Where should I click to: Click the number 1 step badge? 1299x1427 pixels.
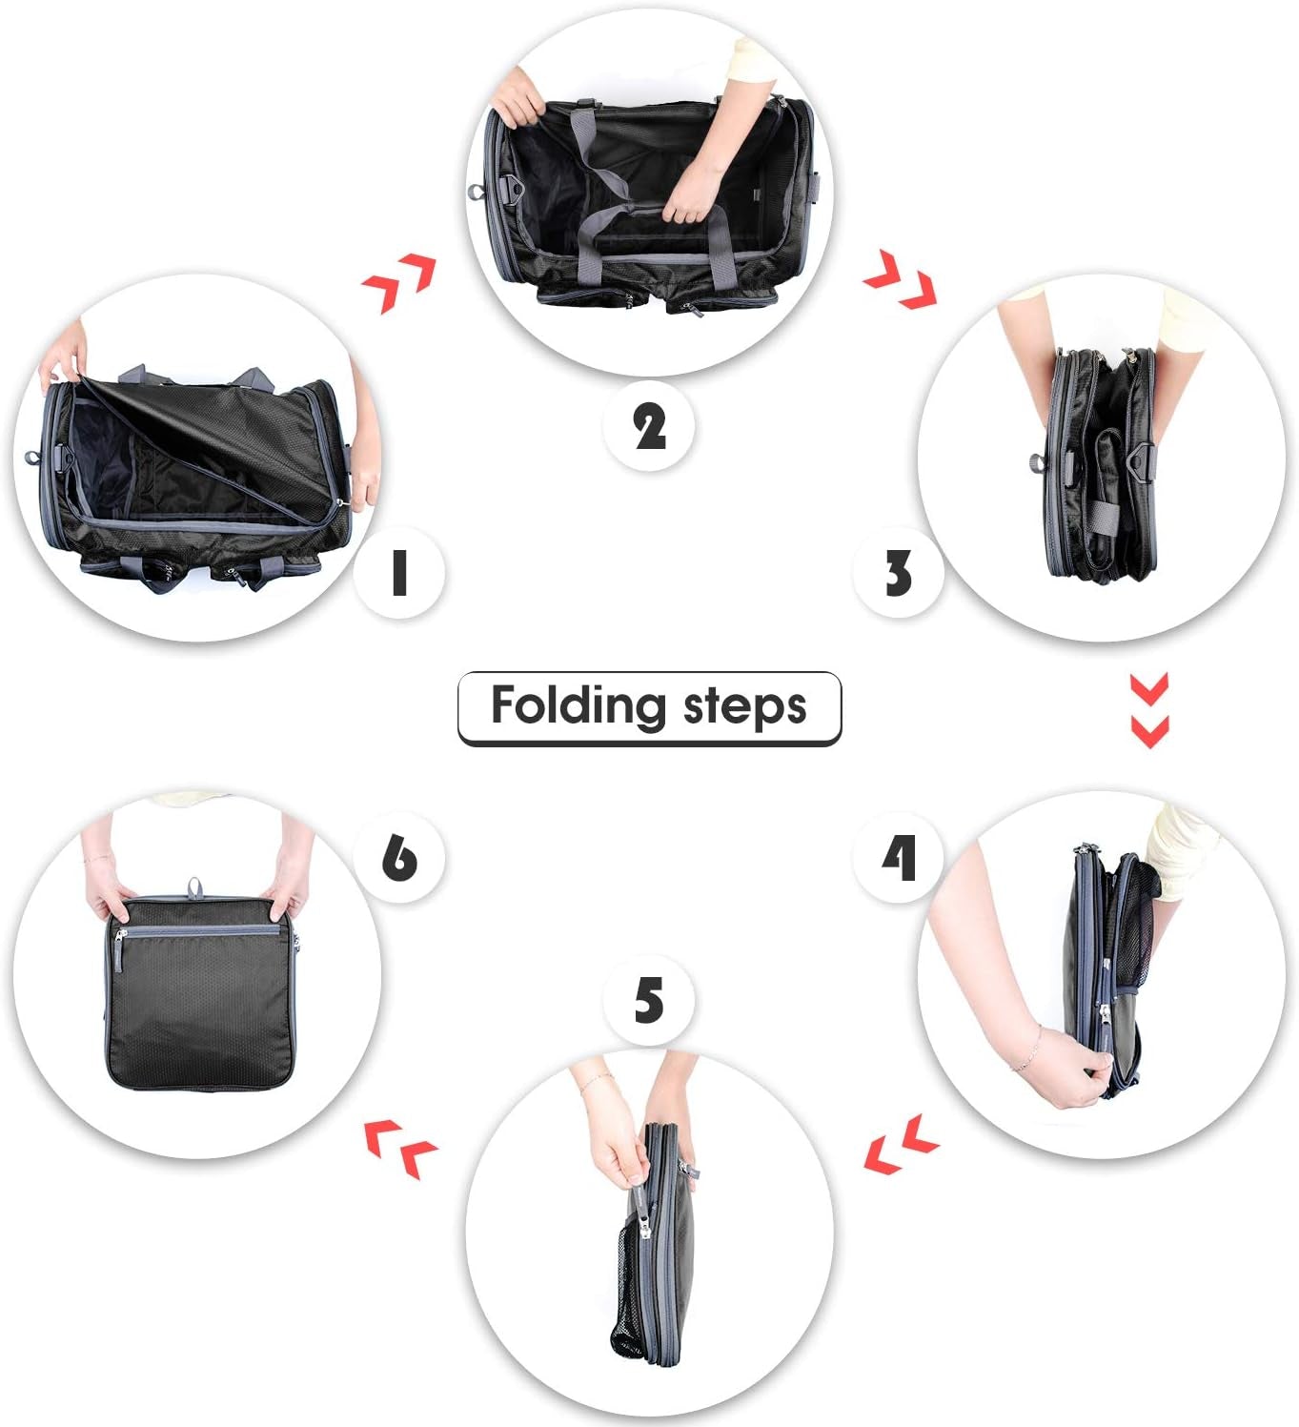[x=398, y=573]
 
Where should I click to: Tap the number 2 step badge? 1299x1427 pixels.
[x=649, y=425]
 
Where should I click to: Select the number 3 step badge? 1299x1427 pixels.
[x=898, y=573]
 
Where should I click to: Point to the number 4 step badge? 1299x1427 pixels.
[x=899, y=857]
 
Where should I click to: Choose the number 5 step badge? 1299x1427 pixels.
[x=649, y=1001]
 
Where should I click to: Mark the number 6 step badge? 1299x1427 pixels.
[x=398, y=857]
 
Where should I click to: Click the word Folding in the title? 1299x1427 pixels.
[x=578, y=706]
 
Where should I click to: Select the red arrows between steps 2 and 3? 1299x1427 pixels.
[x=900, y=280]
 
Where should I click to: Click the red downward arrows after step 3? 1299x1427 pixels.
[x=1148, y=711]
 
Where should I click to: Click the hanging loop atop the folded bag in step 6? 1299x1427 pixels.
[x=194, y=888]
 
